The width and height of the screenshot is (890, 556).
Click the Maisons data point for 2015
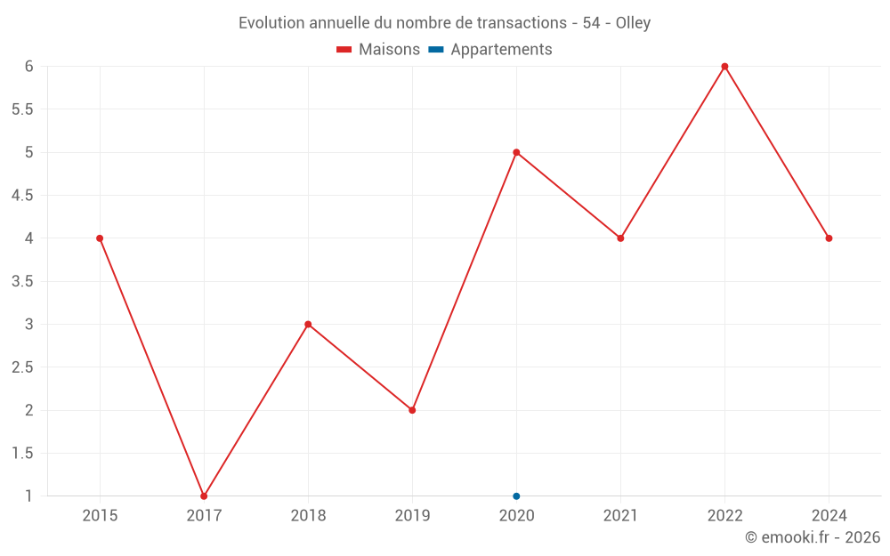100,238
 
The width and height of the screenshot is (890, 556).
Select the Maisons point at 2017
204,496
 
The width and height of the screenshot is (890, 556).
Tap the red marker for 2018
308,324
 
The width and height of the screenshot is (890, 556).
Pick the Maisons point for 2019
412,410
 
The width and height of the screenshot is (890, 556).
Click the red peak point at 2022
724,67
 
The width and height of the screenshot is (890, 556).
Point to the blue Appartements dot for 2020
516,496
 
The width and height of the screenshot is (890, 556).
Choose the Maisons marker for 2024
829,238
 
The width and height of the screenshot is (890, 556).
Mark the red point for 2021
620,238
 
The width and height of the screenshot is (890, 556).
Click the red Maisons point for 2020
516,152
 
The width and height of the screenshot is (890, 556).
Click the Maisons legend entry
378,50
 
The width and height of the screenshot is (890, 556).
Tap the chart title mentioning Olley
444,23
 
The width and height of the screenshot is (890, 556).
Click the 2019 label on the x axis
412,515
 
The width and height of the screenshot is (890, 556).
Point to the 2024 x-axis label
829,515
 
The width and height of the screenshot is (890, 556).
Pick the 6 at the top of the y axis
28,67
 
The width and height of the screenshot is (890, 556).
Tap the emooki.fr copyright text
812,537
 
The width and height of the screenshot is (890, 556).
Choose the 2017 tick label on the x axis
204,515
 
